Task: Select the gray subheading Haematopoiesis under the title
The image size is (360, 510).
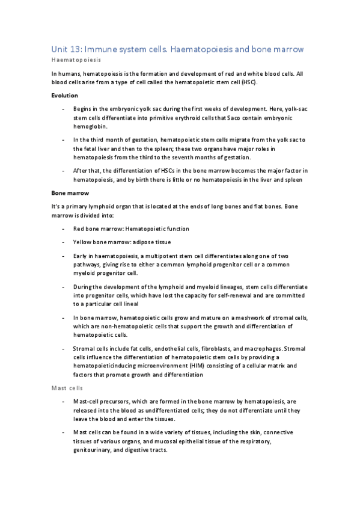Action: [x=75, y=61]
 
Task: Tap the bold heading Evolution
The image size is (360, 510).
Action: [x=66, y=95]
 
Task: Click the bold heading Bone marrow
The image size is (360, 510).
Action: [x=70, y=194]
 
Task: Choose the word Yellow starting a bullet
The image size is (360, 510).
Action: [x=83, y=242]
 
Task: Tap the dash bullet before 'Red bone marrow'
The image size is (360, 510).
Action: [x=64, y=229]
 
